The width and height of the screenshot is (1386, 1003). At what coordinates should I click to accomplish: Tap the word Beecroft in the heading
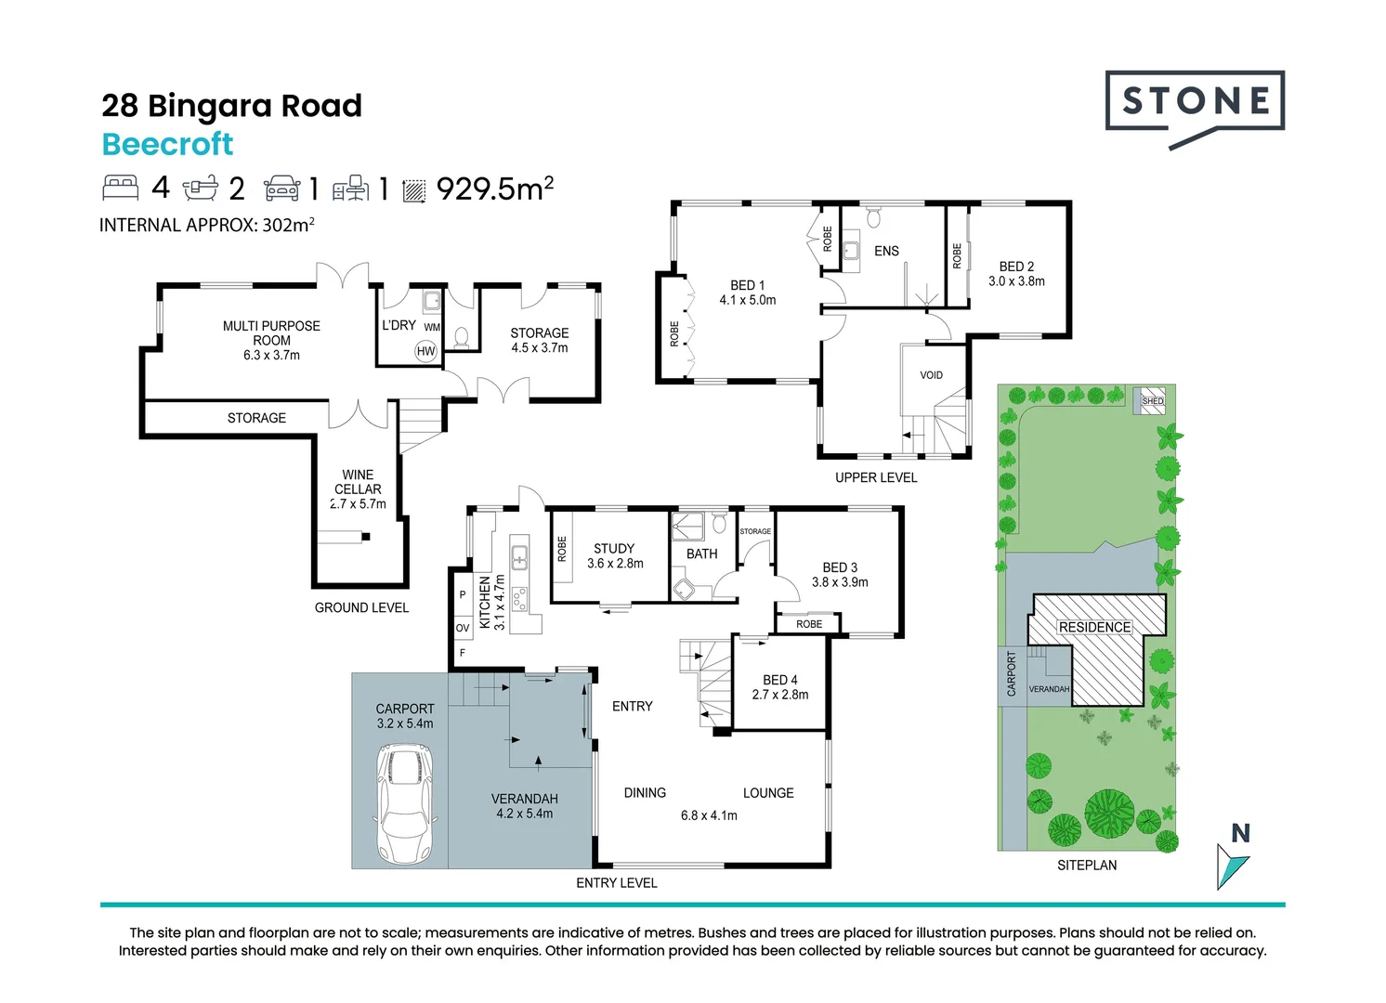pyautogui.click(x=167, y=144)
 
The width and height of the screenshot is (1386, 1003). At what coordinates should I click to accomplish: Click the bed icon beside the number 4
pyautogui.click(x=121, y=188)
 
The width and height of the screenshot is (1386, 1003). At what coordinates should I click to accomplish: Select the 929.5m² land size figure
pyautogui.click(x=494, y=188)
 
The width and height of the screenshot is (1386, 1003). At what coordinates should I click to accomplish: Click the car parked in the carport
pyautogui.click(x=405, y=803)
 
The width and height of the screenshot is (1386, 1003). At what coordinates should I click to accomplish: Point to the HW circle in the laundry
pyautogui.click(x=425, y=351)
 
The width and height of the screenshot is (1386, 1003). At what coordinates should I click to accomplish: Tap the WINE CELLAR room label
pyautogui.click(x=358, y=481)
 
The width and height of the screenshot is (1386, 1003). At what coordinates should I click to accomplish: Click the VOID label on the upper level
pyautogui.click(x=931, y=375)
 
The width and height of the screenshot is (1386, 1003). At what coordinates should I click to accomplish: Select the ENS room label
pyautogui.click(x=886, y=251)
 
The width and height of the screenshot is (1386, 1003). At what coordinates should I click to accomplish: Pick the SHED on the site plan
pyautogui.click(x=1150, y=400)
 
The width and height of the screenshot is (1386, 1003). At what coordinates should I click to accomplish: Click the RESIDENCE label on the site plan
pyautogui.click(x=1094, y=627)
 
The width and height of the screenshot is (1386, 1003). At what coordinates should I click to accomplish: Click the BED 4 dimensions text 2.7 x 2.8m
pyautogui.click(x=780, y=695)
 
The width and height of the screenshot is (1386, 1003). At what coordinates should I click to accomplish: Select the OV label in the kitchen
pyautogui.click(x=463, y=628)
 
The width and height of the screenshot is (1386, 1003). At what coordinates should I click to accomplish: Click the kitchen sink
pyautogui.click(x=519, y=557)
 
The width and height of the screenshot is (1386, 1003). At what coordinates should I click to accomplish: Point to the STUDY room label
pyautogui.click(x=614, y=548)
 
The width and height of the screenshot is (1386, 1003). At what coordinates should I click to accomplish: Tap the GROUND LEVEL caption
pyautogui.click(x=361, y=607)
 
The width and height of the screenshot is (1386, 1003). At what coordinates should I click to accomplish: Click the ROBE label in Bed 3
pyautogui.click(x=809, y=624)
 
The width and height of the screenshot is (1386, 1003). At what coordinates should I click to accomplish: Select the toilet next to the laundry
pyautogui.click(x=461, y=337)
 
